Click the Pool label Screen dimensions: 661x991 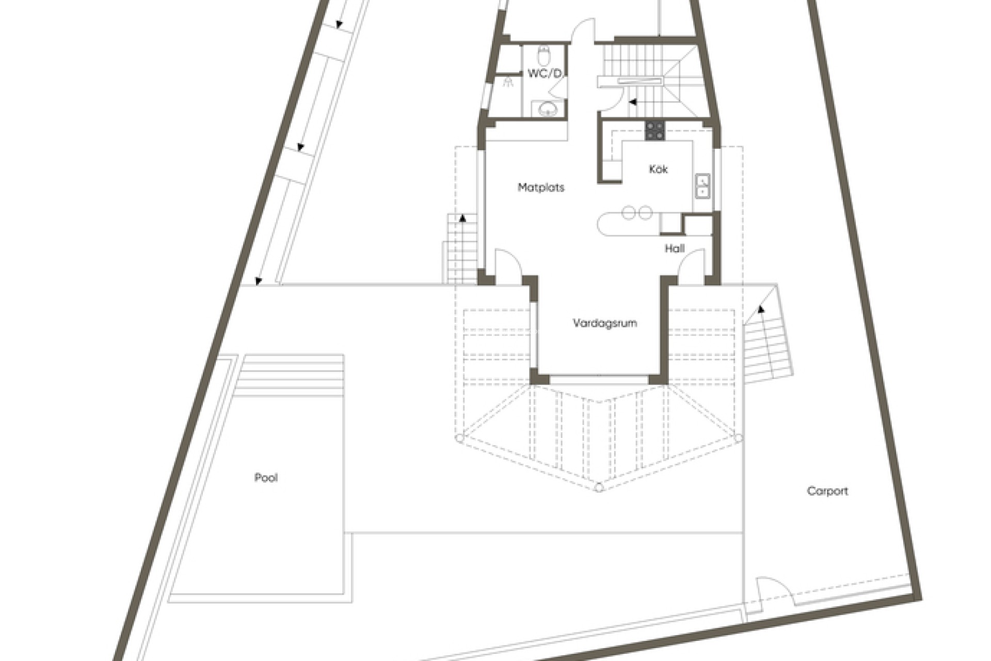pos(266,478)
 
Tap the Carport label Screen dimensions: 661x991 pos(827,491)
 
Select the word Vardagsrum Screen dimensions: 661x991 pos(604,323)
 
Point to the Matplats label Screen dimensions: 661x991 pos(541,187)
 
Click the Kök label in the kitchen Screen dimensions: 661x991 pos(658,169)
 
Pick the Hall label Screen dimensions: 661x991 pos(674,249)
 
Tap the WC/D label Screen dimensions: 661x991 pos(545,73)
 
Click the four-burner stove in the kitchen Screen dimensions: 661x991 pos(655,130)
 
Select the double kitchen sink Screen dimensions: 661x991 pos(702,186)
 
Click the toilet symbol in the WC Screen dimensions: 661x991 pos(543,54)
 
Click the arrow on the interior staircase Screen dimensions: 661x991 pos(632,102)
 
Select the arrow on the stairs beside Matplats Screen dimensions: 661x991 pos(462,218)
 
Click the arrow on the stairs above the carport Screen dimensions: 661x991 pos(760,309)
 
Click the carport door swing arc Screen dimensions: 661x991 pos(774,594)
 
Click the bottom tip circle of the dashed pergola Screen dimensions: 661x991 pos(599,488)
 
